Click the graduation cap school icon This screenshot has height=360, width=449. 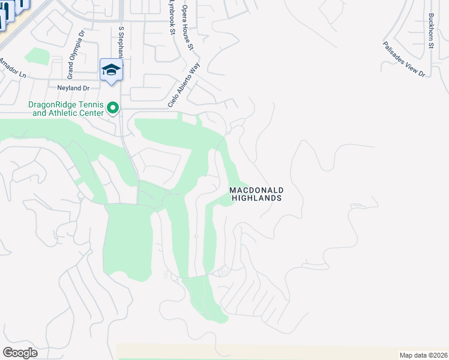pyautogui.click(x=111, y=71)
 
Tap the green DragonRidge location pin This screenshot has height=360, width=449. pyautogui.click(x=112, y=108)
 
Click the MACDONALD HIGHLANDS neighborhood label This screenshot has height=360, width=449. pyautogui.click(x=256, y=194)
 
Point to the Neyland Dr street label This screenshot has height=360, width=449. pyautogui.click(x=73, y=88)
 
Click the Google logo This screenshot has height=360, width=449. pyautogui.click(x=20, y=352)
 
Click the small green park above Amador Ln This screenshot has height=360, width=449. pyautogui.click(x=37, y=56)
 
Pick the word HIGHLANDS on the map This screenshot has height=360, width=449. pyautogui.click(x=256, y=198)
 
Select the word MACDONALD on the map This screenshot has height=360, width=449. pyautogui.click(x=256, y=190)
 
